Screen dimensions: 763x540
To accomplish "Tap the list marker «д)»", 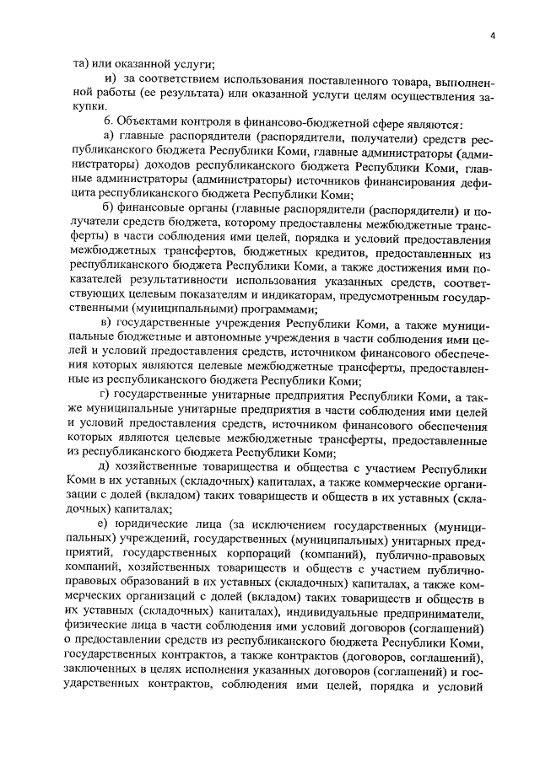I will click(108, 466).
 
